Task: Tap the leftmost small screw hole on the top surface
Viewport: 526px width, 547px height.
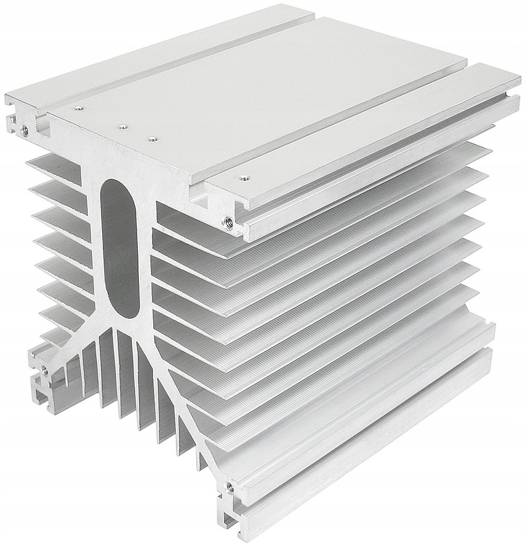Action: click(x=79, y=109)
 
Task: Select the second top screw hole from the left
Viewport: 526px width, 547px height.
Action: click(x=123, y=126)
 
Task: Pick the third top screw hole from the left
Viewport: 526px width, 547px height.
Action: click(x=152, y=139)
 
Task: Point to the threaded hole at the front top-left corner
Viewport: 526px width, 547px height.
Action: click(x=24, y=127)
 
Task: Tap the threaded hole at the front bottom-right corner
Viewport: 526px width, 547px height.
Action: click(x=229, y=487)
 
